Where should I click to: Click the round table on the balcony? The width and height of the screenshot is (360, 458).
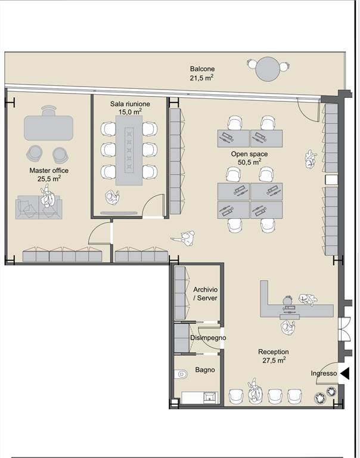[268, 69]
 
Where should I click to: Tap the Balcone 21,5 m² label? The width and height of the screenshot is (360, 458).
[202, 73]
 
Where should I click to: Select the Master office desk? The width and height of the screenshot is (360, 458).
[48, 128]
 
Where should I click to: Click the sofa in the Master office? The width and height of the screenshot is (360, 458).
[39, 208]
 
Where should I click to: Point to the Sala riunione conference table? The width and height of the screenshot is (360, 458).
[129, 150]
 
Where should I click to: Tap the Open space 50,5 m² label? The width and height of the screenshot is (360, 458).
[249, 158]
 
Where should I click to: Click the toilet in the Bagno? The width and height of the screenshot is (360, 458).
[181, 374]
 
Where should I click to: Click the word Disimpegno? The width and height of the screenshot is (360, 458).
[208, 338]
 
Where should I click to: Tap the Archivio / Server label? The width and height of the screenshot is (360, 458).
[206, 293]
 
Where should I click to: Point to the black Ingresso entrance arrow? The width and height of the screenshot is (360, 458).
[345, 373]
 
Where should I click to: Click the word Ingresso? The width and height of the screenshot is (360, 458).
[324, 373]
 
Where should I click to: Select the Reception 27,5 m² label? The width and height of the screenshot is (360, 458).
[274, 356]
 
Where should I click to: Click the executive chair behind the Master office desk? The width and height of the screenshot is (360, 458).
[48, 111]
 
